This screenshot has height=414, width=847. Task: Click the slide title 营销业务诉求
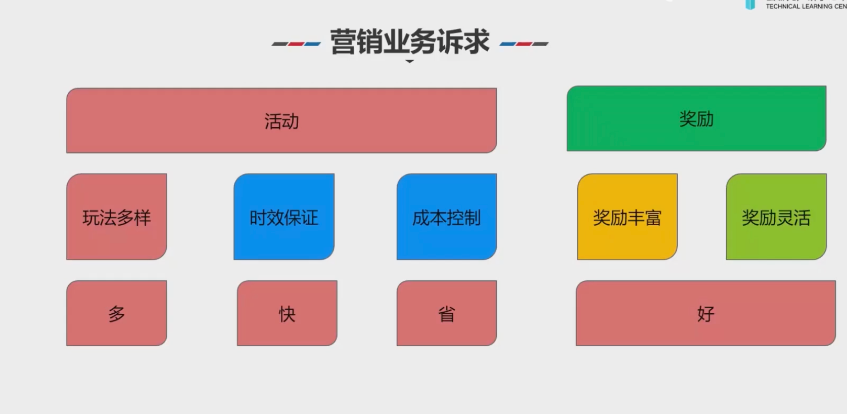point(409,42)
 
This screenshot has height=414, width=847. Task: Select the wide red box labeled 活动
point(281,120)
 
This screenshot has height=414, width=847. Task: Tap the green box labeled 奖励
point(696,118)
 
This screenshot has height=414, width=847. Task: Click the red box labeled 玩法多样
point(117,217)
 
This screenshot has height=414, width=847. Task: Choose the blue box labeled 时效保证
point(284,217)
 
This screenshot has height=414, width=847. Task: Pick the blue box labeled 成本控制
point(447,217)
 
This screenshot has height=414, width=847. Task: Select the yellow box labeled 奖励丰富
point(627,217)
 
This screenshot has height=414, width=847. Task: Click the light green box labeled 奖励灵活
point(776,217)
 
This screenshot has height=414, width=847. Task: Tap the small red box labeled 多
point(117,313)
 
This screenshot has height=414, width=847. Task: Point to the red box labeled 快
point(287,313)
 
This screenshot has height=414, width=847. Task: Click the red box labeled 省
point(447,313)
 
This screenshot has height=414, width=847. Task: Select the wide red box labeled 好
point(705,313)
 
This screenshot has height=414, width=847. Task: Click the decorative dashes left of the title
point(296,44)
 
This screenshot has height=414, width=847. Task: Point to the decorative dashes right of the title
point(524,44)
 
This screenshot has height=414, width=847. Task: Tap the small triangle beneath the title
point(410,61)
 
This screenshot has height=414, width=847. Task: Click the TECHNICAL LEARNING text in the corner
point(806,6)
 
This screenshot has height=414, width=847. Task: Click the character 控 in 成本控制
point(455,218)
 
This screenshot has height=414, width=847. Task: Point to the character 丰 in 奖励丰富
point(636,218)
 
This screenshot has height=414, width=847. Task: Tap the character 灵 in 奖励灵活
point(785,218)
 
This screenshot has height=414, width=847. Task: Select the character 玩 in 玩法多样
point(91,218)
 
